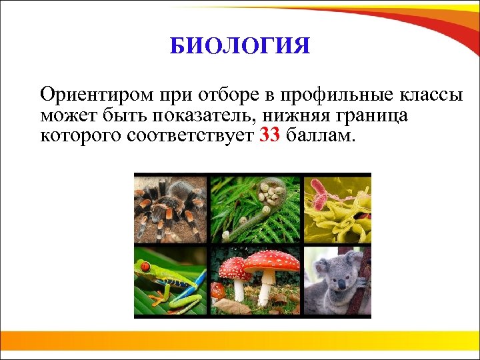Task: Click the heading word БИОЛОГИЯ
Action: pos(239,47)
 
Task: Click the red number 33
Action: pos(269,137)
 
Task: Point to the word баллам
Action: pos(322,137)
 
